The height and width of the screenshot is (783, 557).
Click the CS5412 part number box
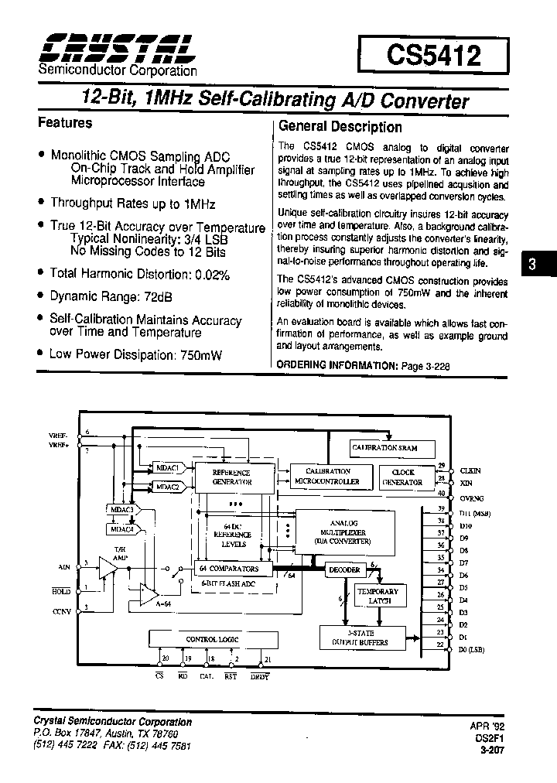point(433,56)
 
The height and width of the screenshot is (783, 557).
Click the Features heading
point(65,123)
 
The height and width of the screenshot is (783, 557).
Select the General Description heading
point(340,127)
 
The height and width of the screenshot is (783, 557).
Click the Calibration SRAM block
point(384,448)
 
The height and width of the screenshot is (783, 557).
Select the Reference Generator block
point(232,477)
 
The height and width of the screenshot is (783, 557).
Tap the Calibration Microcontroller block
point(327,476)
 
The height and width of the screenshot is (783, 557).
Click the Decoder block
point(344,569)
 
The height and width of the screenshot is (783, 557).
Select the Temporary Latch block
point(376,596)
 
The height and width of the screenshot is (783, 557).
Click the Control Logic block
point(212,640)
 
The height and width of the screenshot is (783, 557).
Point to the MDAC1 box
point(167,469)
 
